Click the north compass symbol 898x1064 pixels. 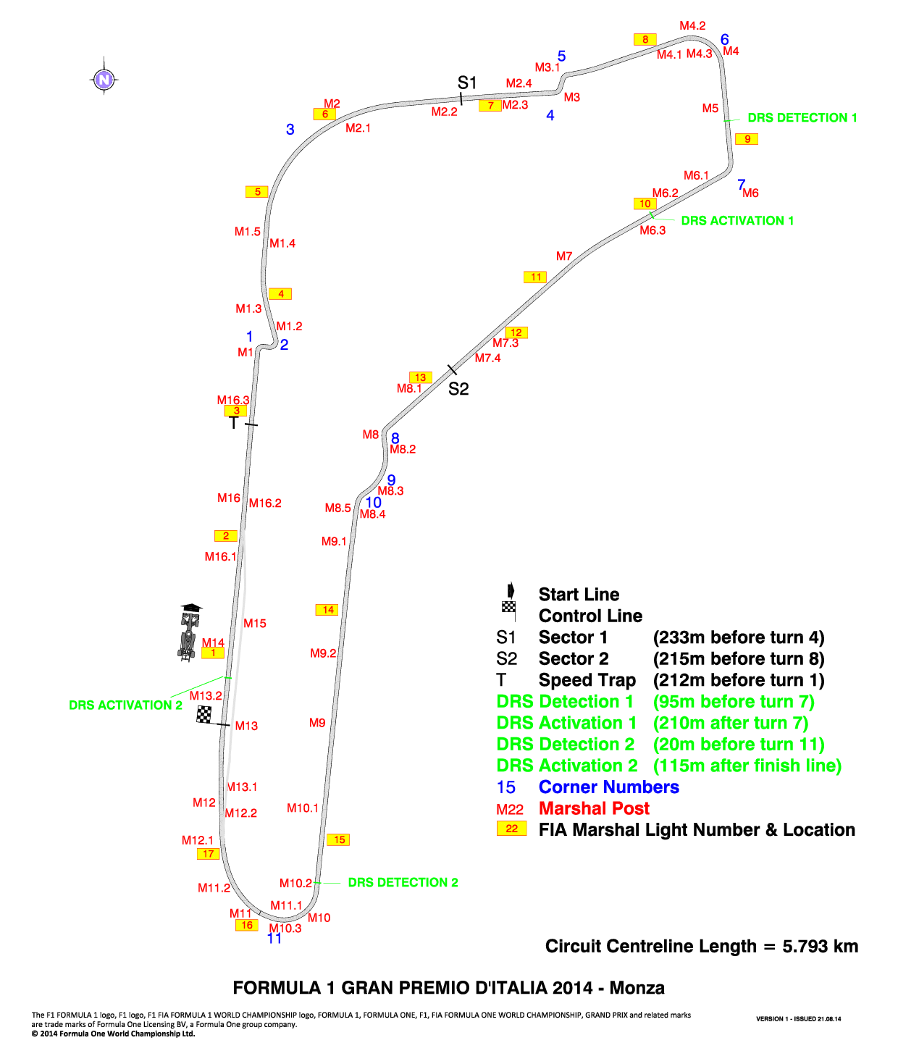104,80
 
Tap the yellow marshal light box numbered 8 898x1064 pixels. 645,39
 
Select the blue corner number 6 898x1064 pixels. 724,39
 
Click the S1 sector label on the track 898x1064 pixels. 466,82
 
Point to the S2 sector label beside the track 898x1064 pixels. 458,389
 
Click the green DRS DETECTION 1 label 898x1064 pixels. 802,118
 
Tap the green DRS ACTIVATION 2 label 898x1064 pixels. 125,705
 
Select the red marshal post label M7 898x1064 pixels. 564,256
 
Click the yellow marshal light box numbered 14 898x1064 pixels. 327,609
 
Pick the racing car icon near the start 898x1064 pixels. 189,633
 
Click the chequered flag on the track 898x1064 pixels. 203,714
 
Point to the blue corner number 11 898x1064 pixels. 274,938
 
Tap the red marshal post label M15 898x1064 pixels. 255,623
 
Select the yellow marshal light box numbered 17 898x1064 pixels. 209,853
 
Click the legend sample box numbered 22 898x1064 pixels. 512,829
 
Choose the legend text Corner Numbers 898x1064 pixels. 608,787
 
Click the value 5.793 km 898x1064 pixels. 820,946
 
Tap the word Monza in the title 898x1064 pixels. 637,988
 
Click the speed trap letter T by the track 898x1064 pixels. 233,422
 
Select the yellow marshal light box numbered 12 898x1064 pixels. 516,332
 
